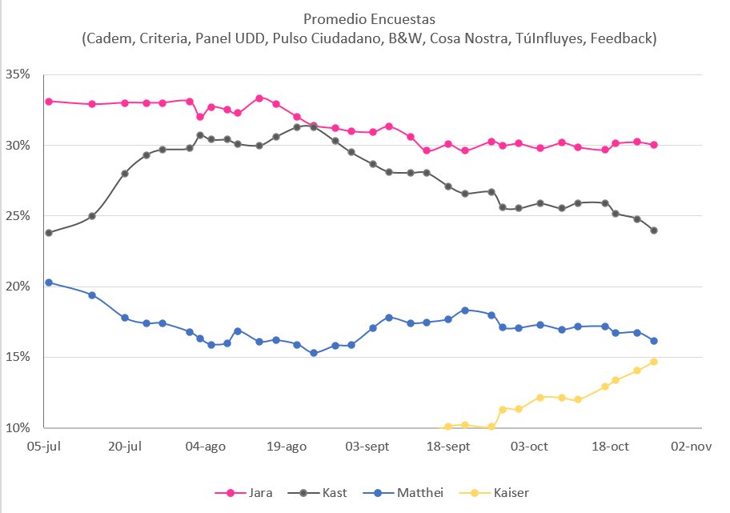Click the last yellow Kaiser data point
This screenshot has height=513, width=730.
point(654,362)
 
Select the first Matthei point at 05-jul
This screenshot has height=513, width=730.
point(49,283)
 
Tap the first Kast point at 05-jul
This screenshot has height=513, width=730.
point(49,233)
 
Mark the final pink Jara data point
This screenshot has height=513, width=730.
point(654,145)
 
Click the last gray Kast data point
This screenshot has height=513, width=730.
point(654,230)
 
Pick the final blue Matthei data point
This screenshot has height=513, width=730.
point(654,341)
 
